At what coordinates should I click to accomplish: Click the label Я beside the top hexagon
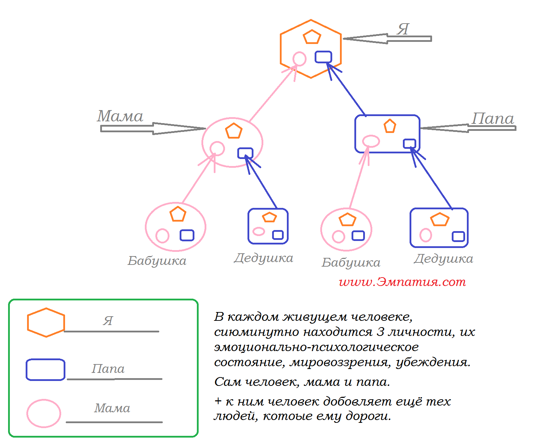(x=403, y=30)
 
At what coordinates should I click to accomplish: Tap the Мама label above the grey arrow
(x=120, y=116)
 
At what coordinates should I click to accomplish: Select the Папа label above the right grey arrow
(x=493, y=119)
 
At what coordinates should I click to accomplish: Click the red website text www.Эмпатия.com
(x=402, y=282)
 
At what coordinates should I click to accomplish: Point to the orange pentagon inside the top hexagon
(x=312, y=37)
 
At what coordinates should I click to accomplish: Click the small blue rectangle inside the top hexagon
(x=323, y=57)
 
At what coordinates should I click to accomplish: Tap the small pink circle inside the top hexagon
(x=300, y=59)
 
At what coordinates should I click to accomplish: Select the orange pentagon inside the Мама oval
(x=234, y=131)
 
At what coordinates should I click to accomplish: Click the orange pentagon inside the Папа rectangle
(x=390, y=126)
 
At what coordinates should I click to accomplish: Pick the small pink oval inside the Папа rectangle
(x=371, y=141)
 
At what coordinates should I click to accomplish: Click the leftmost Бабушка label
(x=157, y=261)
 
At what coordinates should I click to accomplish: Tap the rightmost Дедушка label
(x=443, y=259)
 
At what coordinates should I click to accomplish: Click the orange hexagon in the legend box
(x=46, y=323)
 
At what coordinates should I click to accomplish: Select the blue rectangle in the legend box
(x=45, y=370)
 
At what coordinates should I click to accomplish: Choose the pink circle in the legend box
(x=44, y=413)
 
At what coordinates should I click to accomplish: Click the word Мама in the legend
(x=112, y=408)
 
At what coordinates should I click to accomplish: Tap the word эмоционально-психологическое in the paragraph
(x=316, y=347)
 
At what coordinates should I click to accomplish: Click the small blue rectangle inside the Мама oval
(x=245, y=153)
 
